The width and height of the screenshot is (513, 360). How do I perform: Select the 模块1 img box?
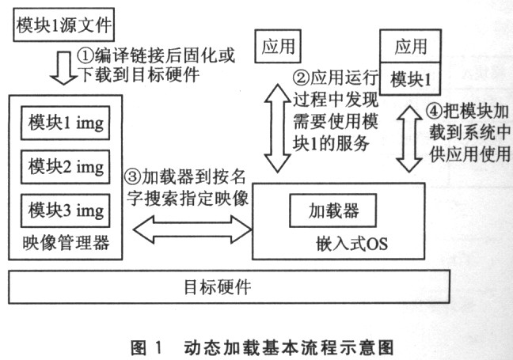pos(66,124)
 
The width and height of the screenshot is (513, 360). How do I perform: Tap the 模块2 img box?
pos(66,168)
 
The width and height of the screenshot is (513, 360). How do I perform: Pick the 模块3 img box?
pos(66,210)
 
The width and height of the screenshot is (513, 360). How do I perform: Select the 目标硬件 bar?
pos(230,286)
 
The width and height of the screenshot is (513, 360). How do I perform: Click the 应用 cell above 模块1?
pos(411,46)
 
